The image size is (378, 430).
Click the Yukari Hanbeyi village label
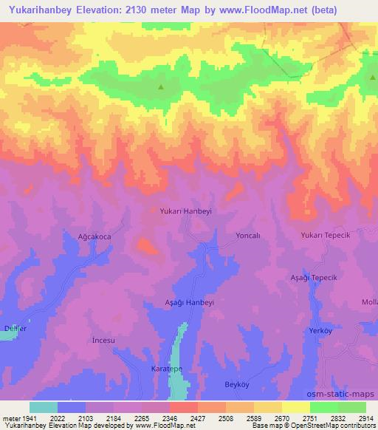pyautogui.click(x=186, y=211)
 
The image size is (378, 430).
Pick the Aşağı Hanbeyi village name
pyautogui.click(x=188, y=303)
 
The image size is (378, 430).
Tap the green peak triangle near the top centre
pyautogui.click(x=161, y=87)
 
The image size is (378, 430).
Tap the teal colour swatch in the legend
pyautogui.click(x=43, y=407)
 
